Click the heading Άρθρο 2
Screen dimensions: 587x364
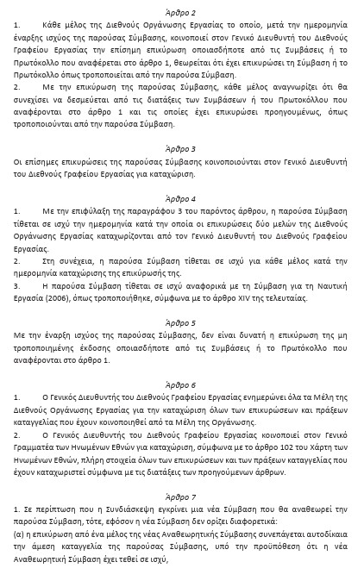[x=182, y=13]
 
